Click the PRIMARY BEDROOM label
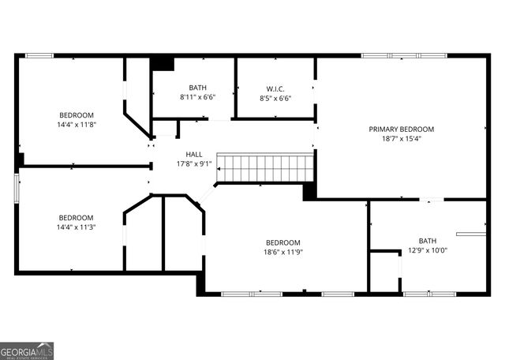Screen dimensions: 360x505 click(401, 129)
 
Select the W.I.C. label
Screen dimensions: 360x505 click(274, 88)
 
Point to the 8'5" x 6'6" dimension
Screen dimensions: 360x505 click(274, 98)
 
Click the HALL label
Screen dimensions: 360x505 click(193, 155)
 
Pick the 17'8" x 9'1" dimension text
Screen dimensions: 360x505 click(193, 164)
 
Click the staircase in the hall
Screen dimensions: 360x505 click(266, 168)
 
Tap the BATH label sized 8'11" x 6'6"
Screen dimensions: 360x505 click(197, 88)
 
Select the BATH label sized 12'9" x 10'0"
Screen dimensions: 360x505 click(427, 241)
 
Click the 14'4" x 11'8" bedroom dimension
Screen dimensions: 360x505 click(76, 124)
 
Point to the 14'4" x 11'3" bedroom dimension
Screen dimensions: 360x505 click(76, 227)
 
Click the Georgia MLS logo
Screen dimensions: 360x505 click(27, 351)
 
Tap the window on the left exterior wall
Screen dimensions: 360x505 click(17, 189)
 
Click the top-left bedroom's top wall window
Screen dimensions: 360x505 click(39, 55)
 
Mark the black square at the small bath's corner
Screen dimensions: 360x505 click(163, 63)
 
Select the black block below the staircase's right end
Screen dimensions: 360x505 click(309, 191)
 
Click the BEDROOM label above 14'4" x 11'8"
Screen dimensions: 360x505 click(76, 114)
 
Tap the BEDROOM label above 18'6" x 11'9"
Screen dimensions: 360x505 click(282, 242)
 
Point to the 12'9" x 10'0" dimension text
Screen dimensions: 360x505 click(427, 250)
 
